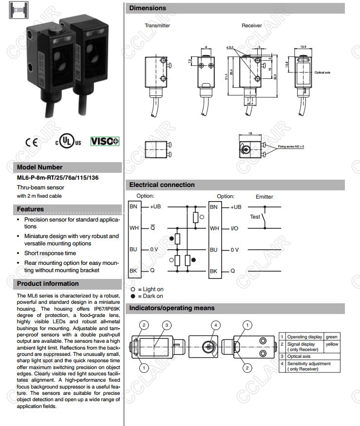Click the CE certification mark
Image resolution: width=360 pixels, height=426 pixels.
tap(31, 142)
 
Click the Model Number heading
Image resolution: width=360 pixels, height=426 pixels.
tap(40, 167)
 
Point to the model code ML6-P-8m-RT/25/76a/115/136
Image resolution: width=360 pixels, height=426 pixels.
tap(57, 178)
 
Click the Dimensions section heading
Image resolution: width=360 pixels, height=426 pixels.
tap(148, 8)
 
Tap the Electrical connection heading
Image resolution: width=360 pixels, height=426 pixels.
tap(162, 185)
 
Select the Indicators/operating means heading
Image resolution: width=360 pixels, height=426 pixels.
tap(171, 308)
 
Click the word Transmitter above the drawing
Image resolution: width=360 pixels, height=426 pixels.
tap(157, 25)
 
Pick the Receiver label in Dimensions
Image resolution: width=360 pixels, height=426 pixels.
tap(251, 25)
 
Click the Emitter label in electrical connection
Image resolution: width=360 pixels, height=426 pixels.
tap(264, 197)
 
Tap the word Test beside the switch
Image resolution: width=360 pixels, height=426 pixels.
tap(255, 217)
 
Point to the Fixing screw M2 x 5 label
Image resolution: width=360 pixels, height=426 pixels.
tap(291, 147)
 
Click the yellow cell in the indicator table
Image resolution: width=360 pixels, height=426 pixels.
tap(332, 344)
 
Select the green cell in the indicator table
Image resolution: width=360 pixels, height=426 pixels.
tap(332, 336)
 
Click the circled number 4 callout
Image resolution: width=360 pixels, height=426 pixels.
tap(216, 325)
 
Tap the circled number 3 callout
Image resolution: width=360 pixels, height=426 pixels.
tap(167, 325)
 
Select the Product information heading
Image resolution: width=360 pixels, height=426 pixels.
tap(48, 284)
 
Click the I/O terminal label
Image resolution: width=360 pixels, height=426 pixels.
tap(234, 228)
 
